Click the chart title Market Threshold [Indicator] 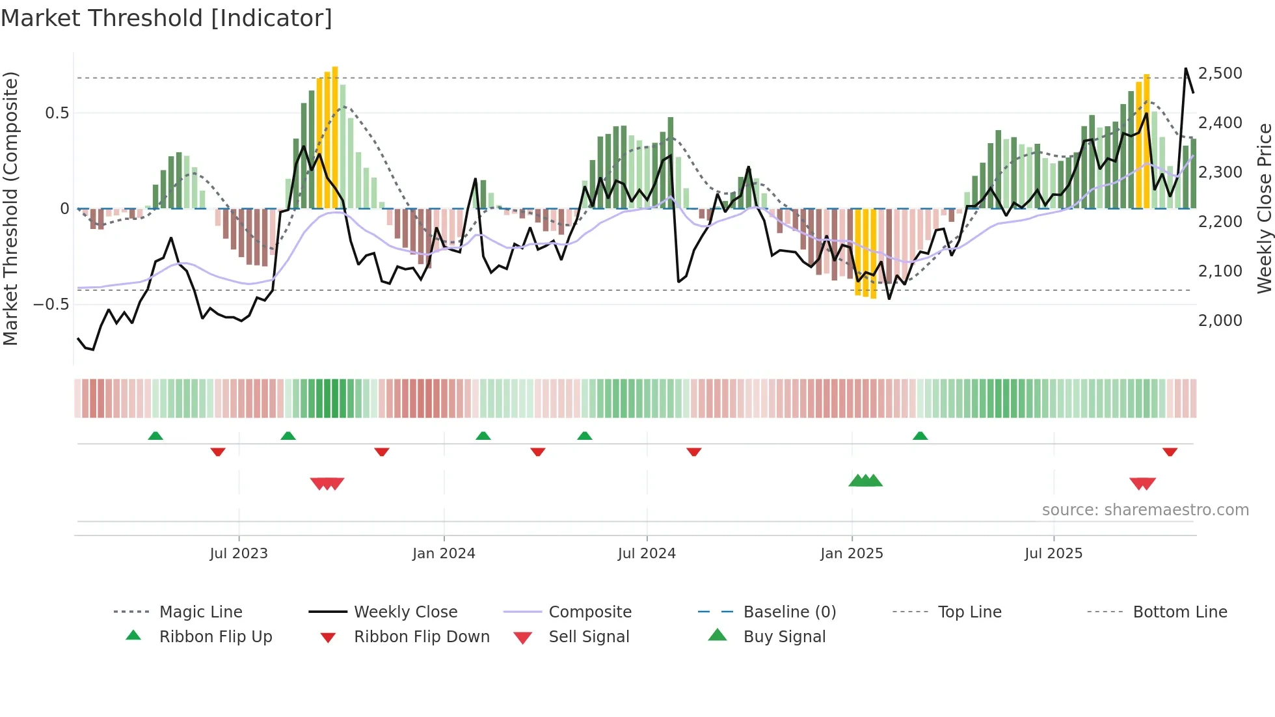tap(167, 18)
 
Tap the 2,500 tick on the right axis tap(1220, 74)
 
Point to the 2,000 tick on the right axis tap(1220, 320)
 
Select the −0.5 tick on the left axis tap(51, 304)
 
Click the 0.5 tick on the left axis tap(57, 113)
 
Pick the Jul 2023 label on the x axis tap(239, 554)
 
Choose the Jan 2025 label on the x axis tap(852, 554)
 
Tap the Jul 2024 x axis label tap(647, 554)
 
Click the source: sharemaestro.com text tap(1145, 510)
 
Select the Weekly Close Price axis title tap(1264, 208)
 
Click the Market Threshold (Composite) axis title tap(10, 208)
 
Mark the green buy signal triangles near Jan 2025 tap(866, 481)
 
